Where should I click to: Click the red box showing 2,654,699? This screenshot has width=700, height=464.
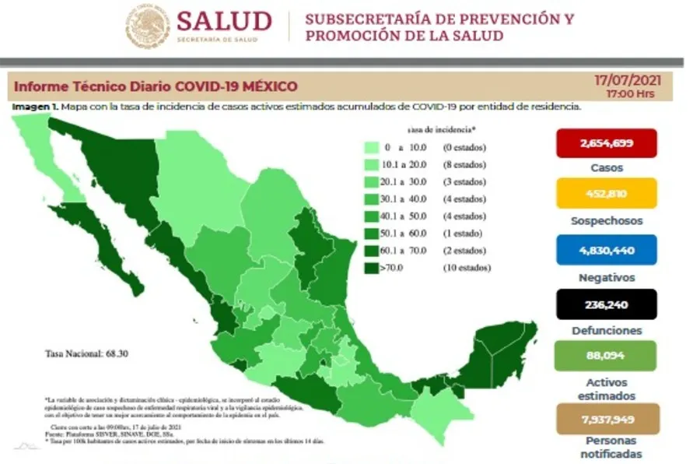point(607,143)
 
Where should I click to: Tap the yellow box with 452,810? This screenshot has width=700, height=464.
point(607,193)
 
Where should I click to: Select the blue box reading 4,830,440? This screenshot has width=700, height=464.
point(607,250)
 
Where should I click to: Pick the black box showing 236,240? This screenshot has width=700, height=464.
point(607,304)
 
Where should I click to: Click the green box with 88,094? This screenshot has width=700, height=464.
point(607,356)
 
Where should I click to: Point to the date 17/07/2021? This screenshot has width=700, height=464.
point(621,80)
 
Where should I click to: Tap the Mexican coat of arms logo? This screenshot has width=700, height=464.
point(148,26)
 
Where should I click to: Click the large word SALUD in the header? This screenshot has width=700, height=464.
point(224,22)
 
